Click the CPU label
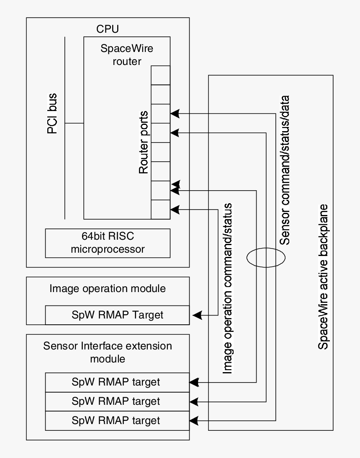[108, 29]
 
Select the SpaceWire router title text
[127, 54]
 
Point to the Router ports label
[144, 142]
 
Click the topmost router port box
[160, 75]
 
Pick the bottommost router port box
[160, 209]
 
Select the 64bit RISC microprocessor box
[108, 243]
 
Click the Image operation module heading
[108, 288]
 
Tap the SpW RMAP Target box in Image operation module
[117, 315]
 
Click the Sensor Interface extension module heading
[108, 352]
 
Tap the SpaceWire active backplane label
[323, 277]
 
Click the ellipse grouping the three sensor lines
[265, 257]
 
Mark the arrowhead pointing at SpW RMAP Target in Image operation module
[195, 315]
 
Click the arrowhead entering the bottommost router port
[175, 208]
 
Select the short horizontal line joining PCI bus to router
[75, 124]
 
